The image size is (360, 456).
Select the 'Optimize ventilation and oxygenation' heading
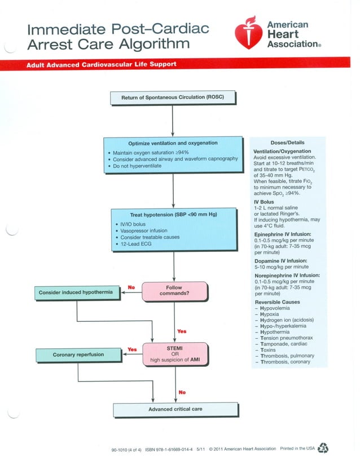173,143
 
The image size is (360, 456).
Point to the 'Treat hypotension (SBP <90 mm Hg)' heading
173,215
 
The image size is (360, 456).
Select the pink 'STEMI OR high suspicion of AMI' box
175,353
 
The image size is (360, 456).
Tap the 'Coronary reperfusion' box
78,355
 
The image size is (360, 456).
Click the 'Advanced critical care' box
175,409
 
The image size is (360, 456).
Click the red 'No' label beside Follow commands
131,287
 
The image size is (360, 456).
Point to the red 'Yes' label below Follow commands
182,331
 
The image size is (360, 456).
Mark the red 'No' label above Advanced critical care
182,392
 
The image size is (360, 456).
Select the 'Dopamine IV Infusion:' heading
280,261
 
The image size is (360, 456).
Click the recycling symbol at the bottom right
323,446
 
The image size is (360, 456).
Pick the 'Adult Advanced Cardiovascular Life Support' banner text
102,64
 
